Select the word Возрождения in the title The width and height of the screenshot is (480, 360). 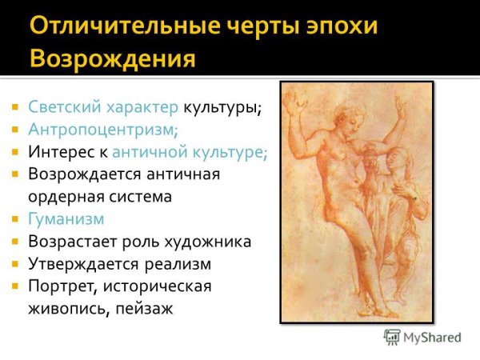click(111, 59)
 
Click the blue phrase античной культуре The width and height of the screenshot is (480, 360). click(190, 150)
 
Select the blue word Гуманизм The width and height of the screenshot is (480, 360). click(66, 218)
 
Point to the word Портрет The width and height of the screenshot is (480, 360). click(58, 286)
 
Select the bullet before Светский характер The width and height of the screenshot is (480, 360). click(14, 106)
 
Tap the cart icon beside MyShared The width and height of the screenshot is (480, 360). click(392, 337)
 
